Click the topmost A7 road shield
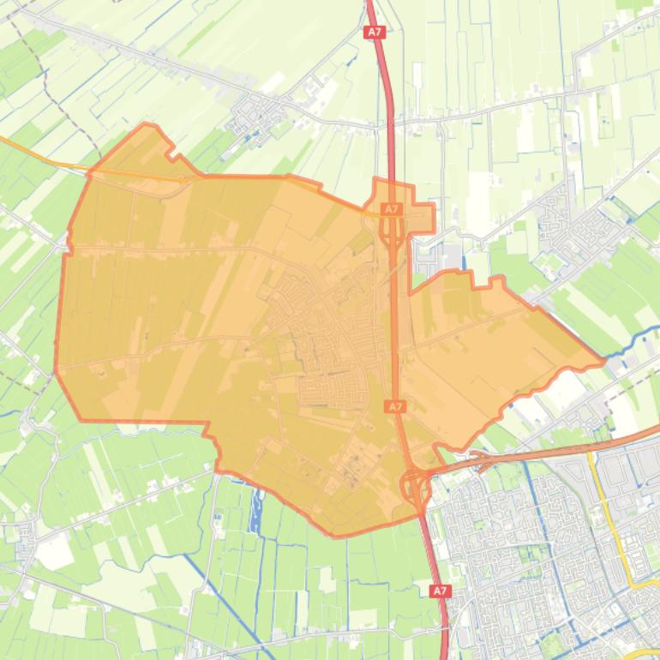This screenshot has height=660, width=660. [x=374, y=32]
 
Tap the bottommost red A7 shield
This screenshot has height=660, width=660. [x=440, y=591]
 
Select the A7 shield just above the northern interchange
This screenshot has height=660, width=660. [x=391, y=209]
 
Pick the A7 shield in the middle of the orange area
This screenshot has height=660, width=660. [x=394, y=406]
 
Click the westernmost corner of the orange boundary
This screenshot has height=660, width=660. [x=56, y=369]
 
